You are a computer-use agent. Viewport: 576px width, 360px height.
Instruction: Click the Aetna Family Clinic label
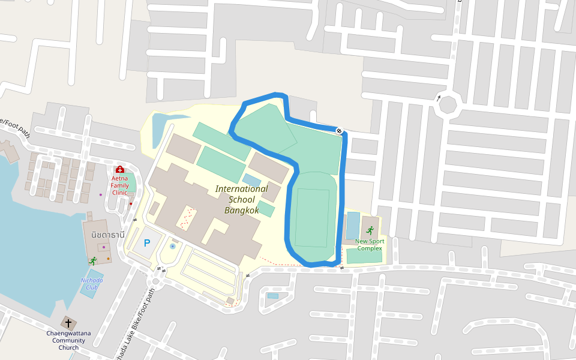[x=119, y=185]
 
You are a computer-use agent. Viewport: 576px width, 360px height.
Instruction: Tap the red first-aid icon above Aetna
[x=119, y=170]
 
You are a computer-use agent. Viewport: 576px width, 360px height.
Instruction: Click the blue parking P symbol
[x=146, y=244]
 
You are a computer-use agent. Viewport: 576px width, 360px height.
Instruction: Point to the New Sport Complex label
[x=369, y=245]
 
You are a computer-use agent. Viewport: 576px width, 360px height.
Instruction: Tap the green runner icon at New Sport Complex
[x=370, y=230]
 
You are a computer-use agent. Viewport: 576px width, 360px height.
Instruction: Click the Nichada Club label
[x=92, y=283]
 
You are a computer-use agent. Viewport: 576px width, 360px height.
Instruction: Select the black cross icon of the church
[x=68, y=323]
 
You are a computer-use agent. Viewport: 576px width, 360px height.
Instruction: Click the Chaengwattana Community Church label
[x=68, y=340]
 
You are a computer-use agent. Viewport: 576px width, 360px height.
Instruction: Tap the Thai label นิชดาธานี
[x=108, y=235]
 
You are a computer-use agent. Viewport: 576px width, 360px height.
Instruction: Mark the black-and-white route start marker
[x=339, y=130]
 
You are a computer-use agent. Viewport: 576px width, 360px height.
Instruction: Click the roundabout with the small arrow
[x=447, y=106]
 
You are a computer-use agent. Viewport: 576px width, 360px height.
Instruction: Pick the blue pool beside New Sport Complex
[x=353, y=225]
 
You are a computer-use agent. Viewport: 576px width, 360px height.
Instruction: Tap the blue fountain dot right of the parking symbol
[x=173, y=246]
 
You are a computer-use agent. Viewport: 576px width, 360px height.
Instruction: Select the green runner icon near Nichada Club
[x=92, y=260]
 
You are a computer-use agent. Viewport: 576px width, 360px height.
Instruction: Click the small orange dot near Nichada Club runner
[x=109, y=259]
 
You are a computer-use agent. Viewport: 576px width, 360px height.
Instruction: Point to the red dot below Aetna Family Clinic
[x=130, y=204]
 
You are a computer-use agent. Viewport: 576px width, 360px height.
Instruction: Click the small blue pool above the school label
[x=252, y=180]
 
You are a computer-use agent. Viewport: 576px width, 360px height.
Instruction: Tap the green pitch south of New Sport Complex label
[x=364, y=257]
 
